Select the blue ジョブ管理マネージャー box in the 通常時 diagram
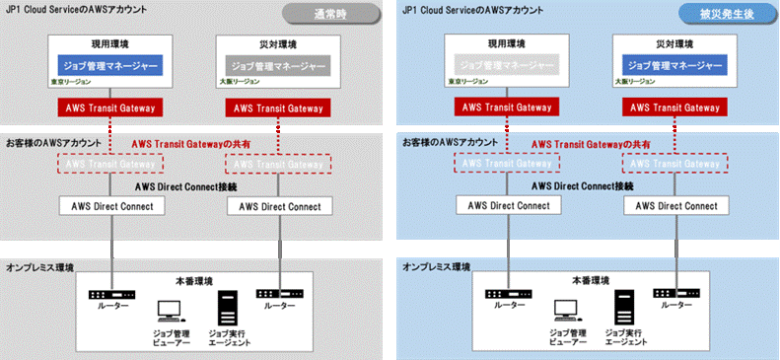click(110, 66)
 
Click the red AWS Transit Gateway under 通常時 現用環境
click(109, 107)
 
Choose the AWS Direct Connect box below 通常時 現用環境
click(109, 206)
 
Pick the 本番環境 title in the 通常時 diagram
click(193, 280)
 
